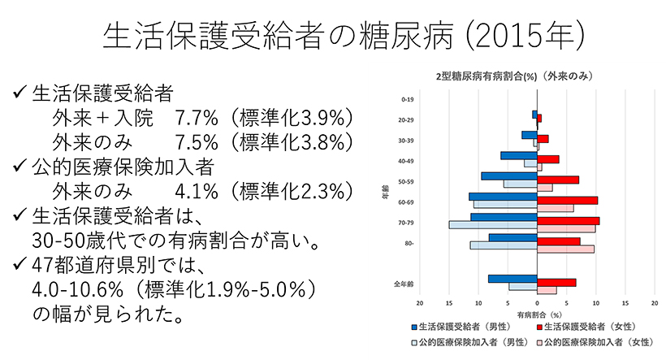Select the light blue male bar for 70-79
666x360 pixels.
[493, 224]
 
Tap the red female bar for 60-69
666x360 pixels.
[567, 200]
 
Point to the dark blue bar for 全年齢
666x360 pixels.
[512, 279]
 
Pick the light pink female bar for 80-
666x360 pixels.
[565, 249]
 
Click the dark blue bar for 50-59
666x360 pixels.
[508, 176]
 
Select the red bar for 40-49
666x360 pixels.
[548, 159]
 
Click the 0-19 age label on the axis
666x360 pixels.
[408, 100]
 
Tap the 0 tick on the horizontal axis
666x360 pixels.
[538, 303]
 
